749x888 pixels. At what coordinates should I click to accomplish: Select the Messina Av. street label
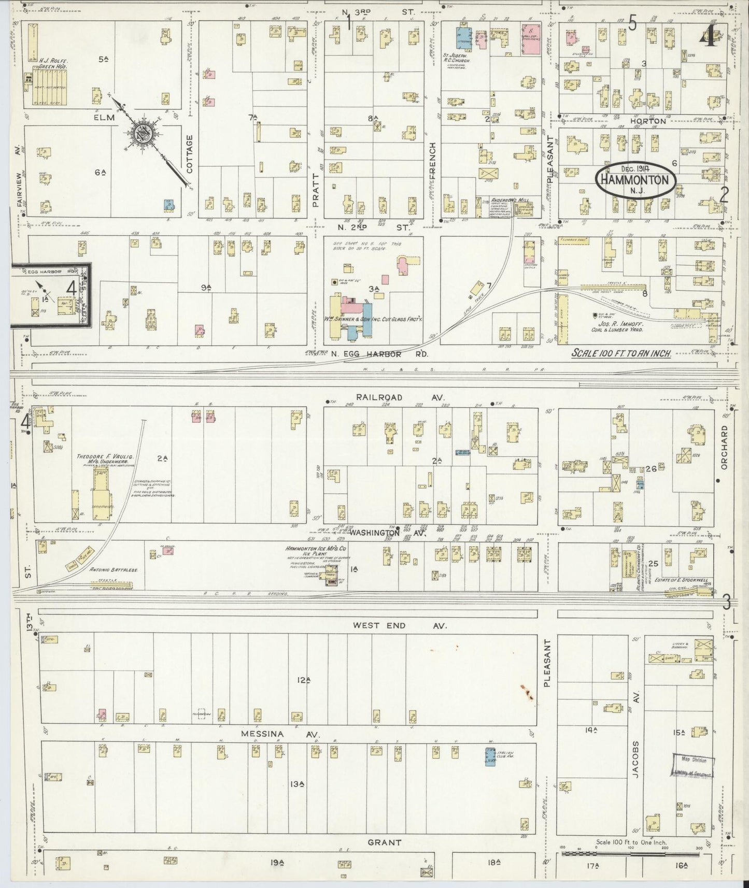[280, 734]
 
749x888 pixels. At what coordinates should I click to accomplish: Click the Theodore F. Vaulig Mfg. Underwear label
[105, 459]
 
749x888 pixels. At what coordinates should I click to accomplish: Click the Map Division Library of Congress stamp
[694, 766]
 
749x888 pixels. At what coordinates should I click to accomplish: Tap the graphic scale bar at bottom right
[632, 852]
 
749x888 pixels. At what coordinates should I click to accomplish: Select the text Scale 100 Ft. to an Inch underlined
[621, 353]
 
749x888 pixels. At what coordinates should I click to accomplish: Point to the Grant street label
[385, 842]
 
